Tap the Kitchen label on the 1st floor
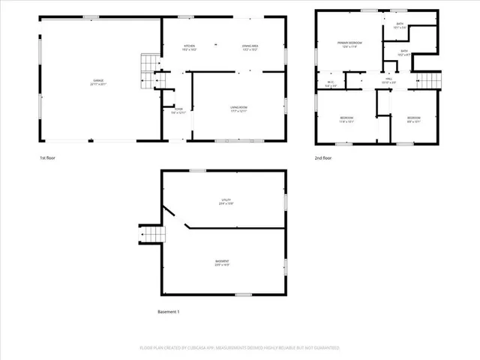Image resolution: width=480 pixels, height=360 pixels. click(190, 49)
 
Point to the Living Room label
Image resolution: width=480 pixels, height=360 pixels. click(239, 109)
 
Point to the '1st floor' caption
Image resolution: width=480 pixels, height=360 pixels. click(47, 158)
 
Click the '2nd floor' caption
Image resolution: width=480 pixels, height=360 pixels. click(323, 158)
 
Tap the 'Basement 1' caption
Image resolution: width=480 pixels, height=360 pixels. click(168, 311)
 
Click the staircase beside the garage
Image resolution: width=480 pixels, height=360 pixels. click(149, 72)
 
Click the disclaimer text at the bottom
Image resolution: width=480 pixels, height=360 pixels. click(239, 348)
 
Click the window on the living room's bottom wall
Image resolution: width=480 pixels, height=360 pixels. click(232, 141)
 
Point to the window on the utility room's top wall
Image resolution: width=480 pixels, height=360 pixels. click(197, 170)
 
